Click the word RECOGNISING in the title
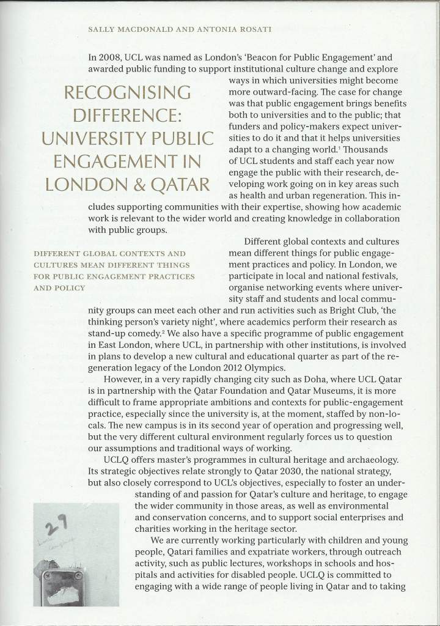pyautogui.click(x=132, y=94)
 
